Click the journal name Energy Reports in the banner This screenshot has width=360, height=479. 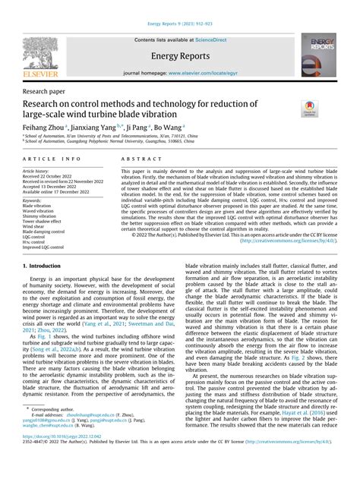point(180,55)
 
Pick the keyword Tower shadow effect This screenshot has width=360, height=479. point(44,220)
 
